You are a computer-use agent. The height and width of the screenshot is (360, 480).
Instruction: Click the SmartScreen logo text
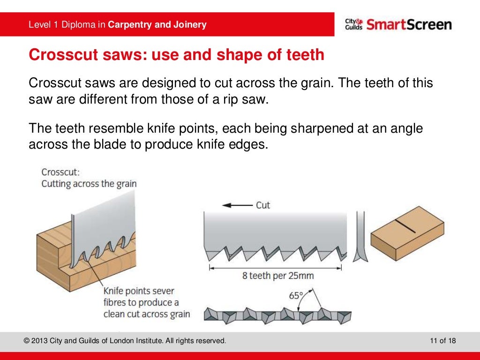(409, 24)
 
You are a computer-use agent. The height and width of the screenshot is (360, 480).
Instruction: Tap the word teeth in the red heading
(305, 55)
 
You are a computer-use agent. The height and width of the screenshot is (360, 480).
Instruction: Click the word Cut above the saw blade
(263, 205)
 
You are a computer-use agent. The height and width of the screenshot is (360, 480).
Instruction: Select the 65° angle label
(296, 296)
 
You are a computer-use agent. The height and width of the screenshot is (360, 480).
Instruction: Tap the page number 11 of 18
(443, 341)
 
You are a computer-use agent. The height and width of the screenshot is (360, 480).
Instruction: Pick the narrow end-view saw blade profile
(360, 237)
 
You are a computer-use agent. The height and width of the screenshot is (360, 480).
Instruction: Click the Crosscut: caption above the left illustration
(60, 172)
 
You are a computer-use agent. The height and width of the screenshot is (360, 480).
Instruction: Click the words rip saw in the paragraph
(248, 100)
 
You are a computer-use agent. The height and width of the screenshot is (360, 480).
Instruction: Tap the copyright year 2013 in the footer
(39, 341)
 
